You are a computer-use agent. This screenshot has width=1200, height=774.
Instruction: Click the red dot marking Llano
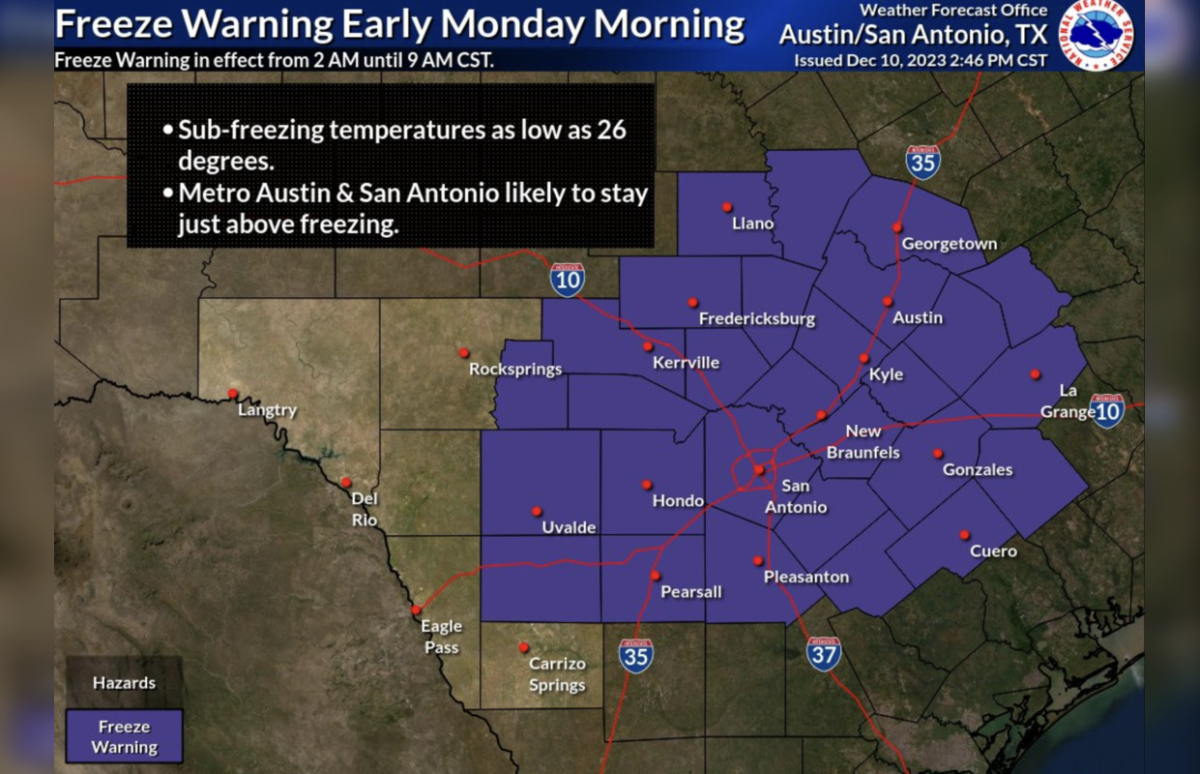coord(726,206)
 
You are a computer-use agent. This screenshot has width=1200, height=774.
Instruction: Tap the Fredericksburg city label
coord(757,318)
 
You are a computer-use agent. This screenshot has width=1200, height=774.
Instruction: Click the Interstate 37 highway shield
coord(824,654)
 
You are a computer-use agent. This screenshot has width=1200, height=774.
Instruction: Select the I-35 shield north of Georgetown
coord(923,162)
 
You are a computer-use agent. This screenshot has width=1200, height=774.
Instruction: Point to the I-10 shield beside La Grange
coord(1107,410)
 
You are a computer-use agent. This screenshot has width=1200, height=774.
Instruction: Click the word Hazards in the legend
coord(124,683)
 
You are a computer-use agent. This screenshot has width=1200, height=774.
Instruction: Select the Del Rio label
coord(365,509)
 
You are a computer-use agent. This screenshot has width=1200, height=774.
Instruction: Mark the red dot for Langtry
coord(233,393)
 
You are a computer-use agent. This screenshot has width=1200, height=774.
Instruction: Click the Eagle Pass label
coord(441,637)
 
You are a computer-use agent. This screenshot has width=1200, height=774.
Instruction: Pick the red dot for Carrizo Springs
coord(523,647)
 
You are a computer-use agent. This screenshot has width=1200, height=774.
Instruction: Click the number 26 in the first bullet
coord(611,130)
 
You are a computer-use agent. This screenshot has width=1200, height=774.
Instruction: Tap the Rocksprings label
coord(515,369)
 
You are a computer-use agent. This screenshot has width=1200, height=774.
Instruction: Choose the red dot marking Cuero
coord(964,534)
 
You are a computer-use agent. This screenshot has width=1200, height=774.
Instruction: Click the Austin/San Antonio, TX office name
coord(913,35)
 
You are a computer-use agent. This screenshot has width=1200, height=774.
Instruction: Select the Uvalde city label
coord(569,527)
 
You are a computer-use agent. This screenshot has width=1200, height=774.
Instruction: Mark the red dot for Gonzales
coord(937,453)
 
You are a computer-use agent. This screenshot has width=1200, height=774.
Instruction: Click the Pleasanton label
coord(806,577)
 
